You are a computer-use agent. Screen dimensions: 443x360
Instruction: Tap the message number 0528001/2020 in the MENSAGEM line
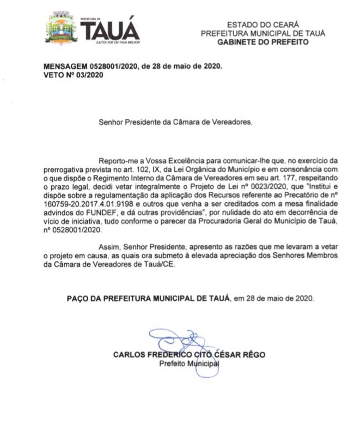pos(111,68)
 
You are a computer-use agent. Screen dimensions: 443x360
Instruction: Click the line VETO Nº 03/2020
pos(74,75)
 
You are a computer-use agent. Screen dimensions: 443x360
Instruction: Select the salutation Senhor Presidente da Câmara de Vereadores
pos(176,122)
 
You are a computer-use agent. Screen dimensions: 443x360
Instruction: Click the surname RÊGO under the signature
pos(254,355)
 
